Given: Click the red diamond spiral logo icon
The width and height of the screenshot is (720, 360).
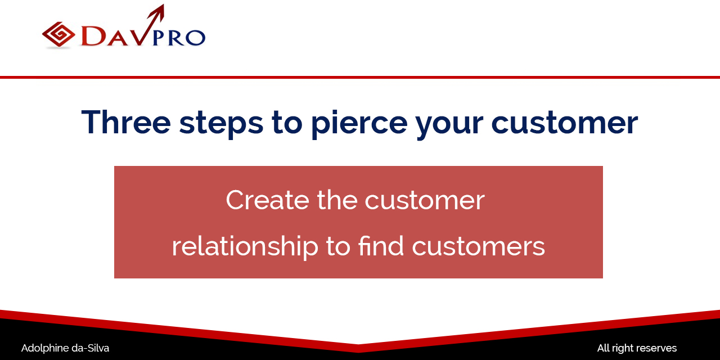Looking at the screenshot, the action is [x=58, y=34].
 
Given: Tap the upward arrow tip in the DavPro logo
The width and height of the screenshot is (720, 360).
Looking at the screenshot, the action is [x=164, y=4].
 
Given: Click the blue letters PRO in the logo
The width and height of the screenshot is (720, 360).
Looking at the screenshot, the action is [x=179, y=38].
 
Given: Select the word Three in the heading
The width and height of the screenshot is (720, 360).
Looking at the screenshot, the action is [x=126, y=122].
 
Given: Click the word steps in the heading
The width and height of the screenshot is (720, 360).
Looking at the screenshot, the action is [x=222, y=124].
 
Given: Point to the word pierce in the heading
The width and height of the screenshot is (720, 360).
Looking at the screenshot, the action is [x=359, y=124].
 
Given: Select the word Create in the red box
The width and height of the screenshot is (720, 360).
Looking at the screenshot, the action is [x=267, y=200].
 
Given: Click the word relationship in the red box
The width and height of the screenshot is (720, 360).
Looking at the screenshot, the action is [x=245, y=246].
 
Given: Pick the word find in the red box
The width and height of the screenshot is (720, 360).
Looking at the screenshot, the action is [x=381, y=245].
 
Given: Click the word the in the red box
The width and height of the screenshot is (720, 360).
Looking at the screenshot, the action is [x=337, y=200].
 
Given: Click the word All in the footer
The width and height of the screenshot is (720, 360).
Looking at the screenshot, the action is [x=604, y=348].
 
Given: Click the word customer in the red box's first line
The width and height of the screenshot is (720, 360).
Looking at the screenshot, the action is [x=425, y=201].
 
